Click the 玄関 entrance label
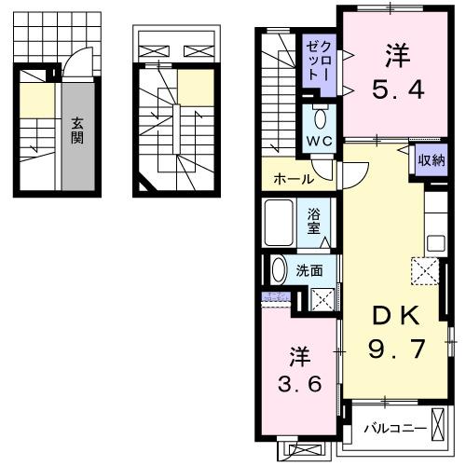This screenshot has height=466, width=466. (x=77, y=131)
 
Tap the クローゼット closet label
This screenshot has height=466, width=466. (x=319, y=62)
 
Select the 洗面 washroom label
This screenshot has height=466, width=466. (x=309, y=271)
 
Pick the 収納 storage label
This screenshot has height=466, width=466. (x=431, y=160)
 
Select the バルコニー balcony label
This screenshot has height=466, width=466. (x=394, y=429)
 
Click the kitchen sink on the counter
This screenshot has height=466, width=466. (x=436, y=242)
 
